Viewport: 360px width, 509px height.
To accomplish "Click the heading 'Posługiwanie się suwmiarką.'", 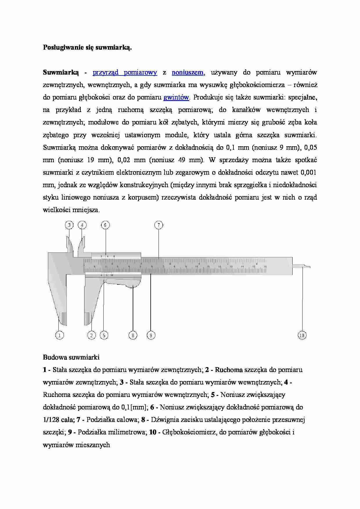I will pyautogui.click(x=87, y=48).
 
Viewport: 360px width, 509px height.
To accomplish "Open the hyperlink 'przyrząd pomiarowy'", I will pyautogui.click(x=125, y=73).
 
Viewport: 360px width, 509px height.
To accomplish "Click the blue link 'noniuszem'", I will pyautogui.click(x=188, y=73).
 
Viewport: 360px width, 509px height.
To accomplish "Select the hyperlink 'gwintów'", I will pyautogui.click(x=176, y=98).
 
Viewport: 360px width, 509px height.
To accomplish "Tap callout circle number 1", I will pyautogui.click(x=60, y=335).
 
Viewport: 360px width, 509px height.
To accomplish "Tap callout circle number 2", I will pyautogui.click(x=91, y=335).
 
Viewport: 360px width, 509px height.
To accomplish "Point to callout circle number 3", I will pyautogui.click(x=69, y=225).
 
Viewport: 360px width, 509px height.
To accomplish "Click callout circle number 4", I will pyautogui.click(x=82, y=225).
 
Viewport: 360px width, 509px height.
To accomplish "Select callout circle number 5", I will pyautogui.click(x=104, y=335).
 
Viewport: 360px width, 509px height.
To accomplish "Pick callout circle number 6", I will pyautogui.click(x=105, y=225).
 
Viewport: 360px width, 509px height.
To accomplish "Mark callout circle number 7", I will pyautogui.click(x=159, y=225).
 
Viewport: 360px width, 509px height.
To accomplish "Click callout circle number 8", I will pyautogui.click(x=133, y=335).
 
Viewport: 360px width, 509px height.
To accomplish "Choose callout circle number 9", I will pyautogui.click(x=151, y=335).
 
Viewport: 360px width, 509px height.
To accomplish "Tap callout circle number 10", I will pyautogui.click(x=302, y=335).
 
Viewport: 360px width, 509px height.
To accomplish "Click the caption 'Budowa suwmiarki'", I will pyautogui.click(x=71, y=357).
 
